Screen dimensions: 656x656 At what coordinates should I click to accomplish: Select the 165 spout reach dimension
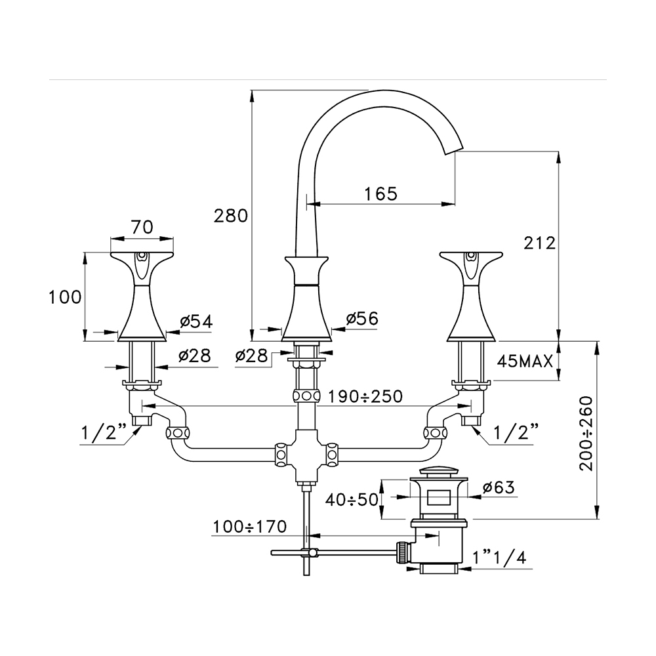pyautogui.click(x=381, y=194)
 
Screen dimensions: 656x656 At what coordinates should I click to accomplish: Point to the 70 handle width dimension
pyautogui.click(x=142, y=227)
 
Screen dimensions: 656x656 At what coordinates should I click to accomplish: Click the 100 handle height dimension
pyautogui.click(x=66, y=297)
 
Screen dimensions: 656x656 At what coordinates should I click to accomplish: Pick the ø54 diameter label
pyautogui.click(x=195, y=321)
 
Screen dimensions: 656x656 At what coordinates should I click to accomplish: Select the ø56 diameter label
pyautogui.click(x=362, y=318)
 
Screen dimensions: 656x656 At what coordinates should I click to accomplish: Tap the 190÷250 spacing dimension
pyautogui.click(x=365, y=397)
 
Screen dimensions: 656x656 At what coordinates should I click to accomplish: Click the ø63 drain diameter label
pyautogui.click(x=498, y=487)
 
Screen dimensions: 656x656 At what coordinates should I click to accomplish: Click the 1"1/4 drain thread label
pyautogui.click(x=498, y=558)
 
